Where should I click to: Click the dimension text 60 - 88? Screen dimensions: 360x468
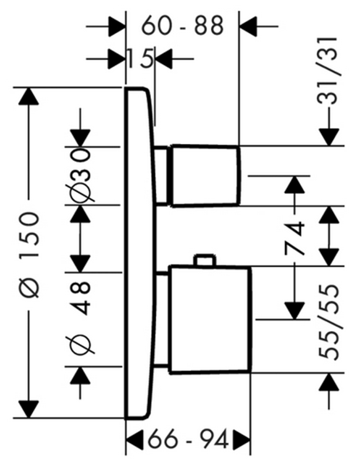[182, 26]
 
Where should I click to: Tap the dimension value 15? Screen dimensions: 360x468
[140, 58]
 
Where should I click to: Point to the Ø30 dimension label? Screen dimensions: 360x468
[80, 175]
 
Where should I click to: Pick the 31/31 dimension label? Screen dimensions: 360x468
[328, 71]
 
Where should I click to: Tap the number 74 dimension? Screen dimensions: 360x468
[295, 238]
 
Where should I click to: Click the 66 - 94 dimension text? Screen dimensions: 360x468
[188, 440]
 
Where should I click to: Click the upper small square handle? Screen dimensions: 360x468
[205, 175]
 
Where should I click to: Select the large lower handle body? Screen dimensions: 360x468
[210, 319]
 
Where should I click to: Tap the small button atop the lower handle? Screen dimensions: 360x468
[205, 260]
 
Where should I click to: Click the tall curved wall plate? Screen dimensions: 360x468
[140, 254]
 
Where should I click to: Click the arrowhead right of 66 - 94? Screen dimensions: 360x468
[241, 440]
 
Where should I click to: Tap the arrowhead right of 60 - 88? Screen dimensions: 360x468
[249, 26]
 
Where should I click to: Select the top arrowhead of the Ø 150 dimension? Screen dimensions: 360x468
[29, 96]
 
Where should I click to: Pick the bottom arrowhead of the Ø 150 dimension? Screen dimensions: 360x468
[29, 409]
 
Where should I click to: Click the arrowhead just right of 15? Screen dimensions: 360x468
[164, 59]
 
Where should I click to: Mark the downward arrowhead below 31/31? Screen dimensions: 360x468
[329, 137]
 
